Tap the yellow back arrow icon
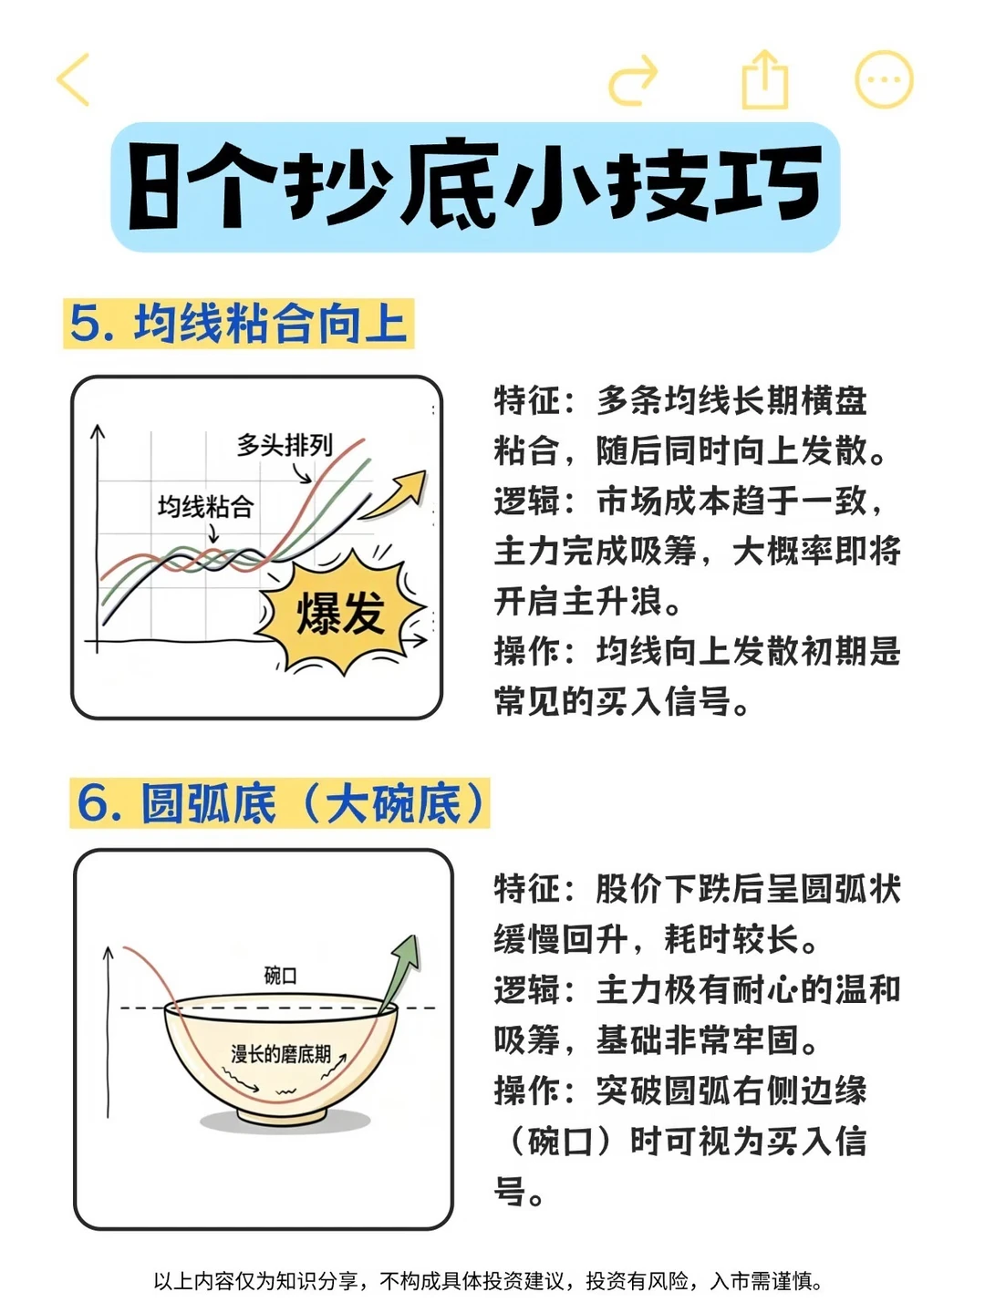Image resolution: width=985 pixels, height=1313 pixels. (72, 79)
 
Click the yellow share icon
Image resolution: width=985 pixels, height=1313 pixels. (765, 80)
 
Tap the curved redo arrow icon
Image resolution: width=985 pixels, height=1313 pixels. (633, 80)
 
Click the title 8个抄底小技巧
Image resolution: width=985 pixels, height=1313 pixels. (475, 186)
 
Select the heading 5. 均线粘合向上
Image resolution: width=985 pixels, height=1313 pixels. (239, 324)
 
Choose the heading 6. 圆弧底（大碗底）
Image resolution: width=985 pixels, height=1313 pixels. (280, 803)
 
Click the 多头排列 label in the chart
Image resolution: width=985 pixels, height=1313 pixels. (285, 445)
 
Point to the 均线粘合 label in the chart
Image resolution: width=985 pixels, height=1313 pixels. (206, 507)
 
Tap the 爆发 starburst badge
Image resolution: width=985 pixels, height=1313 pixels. (341, 613)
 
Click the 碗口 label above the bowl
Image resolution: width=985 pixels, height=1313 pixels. (281, 977)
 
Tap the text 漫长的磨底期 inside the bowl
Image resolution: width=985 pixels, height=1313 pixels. (281, 1054)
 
